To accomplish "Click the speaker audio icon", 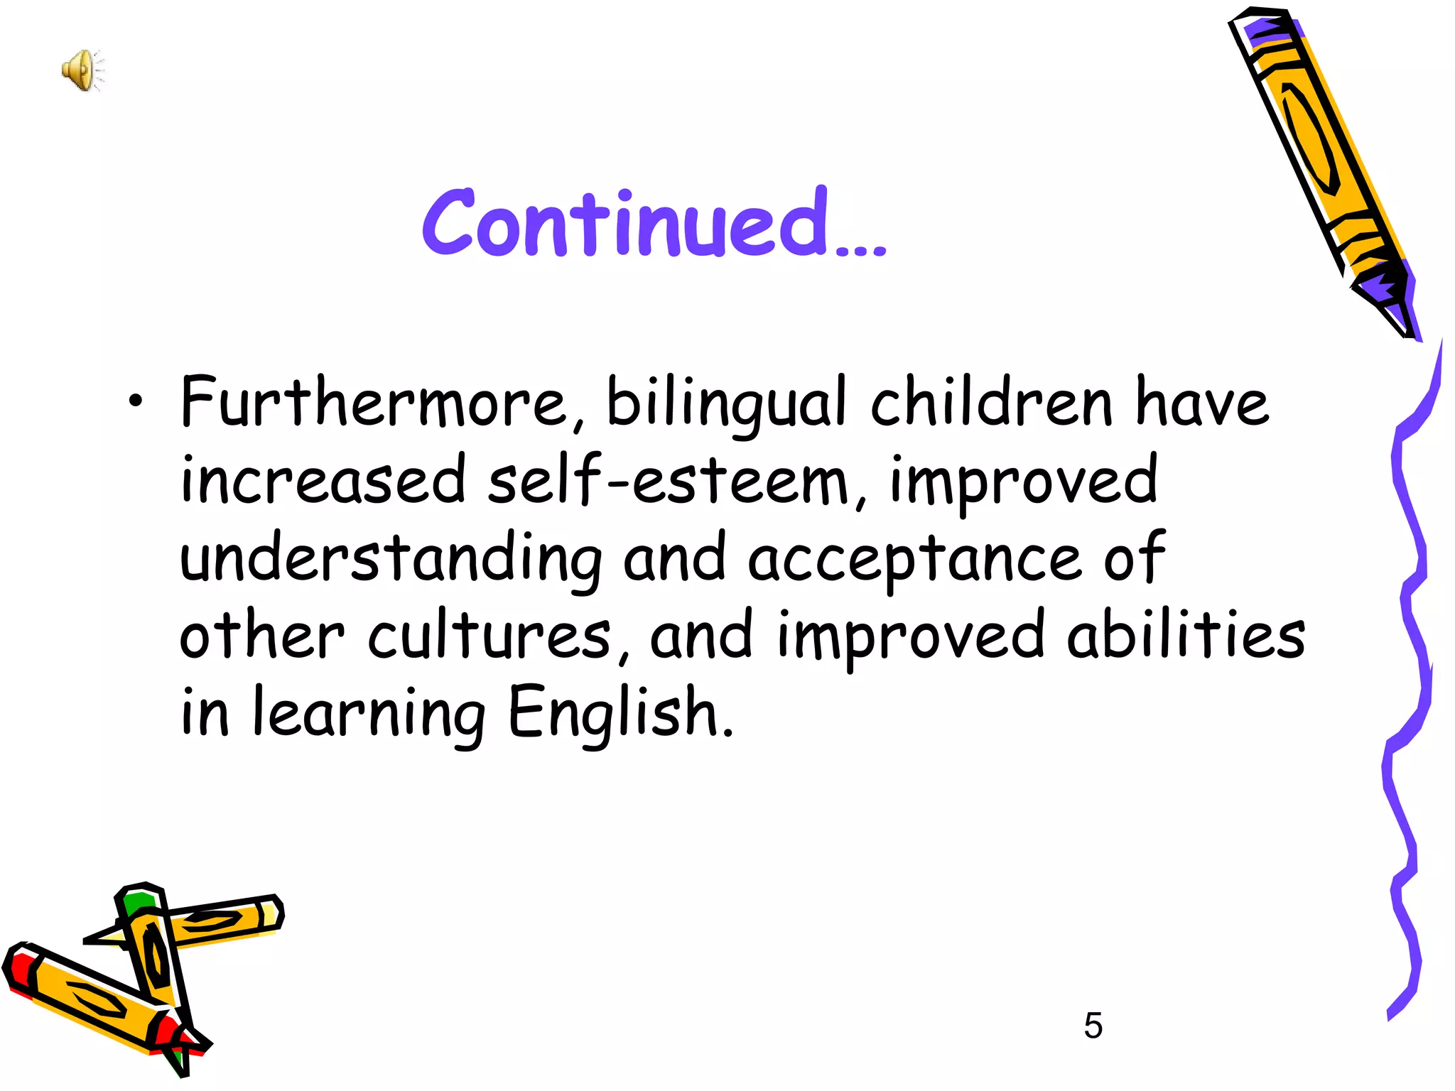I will [82, 70].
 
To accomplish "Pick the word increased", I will [323, 480].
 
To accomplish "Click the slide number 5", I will [1093, 1026].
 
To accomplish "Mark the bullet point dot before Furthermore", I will [136, 403].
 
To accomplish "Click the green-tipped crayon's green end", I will [138, 901].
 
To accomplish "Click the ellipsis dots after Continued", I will [861, 249].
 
